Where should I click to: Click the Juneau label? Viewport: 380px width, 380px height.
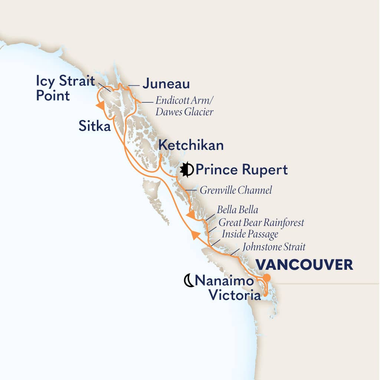[166, 83]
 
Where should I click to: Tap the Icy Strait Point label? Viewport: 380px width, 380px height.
[65, 88]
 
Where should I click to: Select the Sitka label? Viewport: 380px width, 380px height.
[95, 127]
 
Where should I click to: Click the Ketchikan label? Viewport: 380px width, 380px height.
[191, 145]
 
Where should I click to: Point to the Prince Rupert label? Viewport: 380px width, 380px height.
[242, 170]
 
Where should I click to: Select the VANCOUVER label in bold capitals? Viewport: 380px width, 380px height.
[305, 265]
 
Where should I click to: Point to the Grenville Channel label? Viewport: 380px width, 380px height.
[236, 190]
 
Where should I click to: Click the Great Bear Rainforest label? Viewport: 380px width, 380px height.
[261, 223]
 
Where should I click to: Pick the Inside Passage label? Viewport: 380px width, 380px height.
[250, 235]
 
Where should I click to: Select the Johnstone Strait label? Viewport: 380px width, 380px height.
[274, 246]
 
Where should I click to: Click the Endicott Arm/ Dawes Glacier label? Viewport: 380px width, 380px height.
[184, 106]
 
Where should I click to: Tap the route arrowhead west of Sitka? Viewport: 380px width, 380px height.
[99, 106]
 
